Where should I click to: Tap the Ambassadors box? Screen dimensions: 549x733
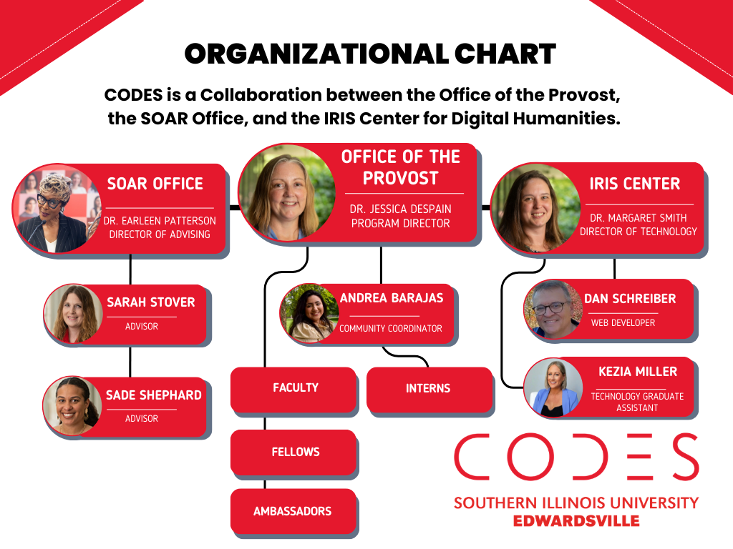pyautogui.click(x=292, y=511)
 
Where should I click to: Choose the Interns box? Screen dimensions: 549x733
pyautogui.click(x=429, y=388)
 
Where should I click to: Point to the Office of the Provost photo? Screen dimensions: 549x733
pyautogui.click(x=287, y=192)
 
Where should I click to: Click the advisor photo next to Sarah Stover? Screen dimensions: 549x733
pyautogui.click(x=74, y=312)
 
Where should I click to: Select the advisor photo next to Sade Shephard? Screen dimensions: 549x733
pyautogui.click(x=72, y=405)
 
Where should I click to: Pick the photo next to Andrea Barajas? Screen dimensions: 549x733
pyautogui.click(x=310, y=312)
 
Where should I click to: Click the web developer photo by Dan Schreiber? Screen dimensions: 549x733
pyautogui.click(x=553, y=310)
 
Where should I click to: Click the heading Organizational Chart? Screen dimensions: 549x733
pyautogui.click(x=370, y=54)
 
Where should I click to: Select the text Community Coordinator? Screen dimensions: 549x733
pyautogui.click(x=391, y=329)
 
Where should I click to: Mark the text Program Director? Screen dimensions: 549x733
pyautogui.click(x=400, y=223)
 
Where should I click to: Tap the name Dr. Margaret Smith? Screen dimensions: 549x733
pyautogui.click(x=638, y=218)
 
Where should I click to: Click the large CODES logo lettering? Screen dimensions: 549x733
pyautogui.click(x=576, y=457)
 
